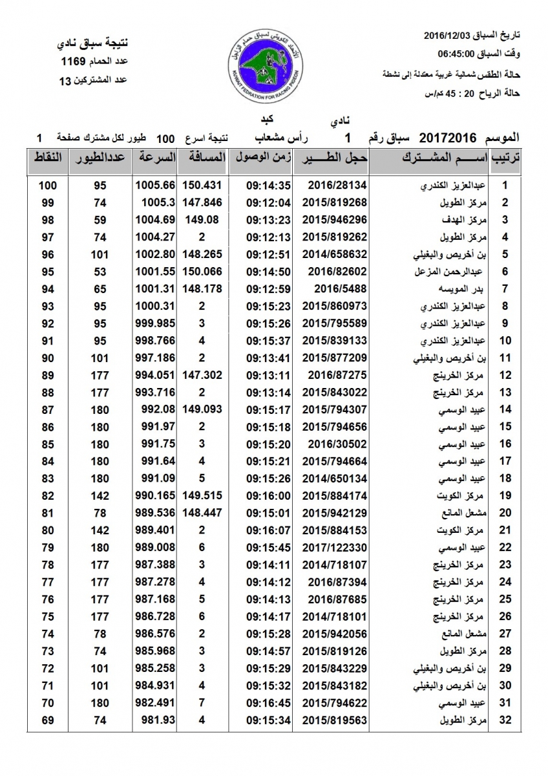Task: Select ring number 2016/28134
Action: point(330,185)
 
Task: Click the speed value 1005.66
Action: point(155,185)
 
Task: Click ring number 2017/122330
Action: point(330,548)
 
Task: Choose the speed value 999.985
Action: point(155,323)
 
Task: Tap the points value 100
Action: point(47,185)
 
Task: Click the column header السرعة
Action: point(155,158)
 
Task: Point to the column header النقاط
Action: point(47,158)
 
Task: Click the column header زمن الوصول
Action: point(260,158)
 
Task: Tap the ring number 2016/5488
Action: point(330,288)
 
